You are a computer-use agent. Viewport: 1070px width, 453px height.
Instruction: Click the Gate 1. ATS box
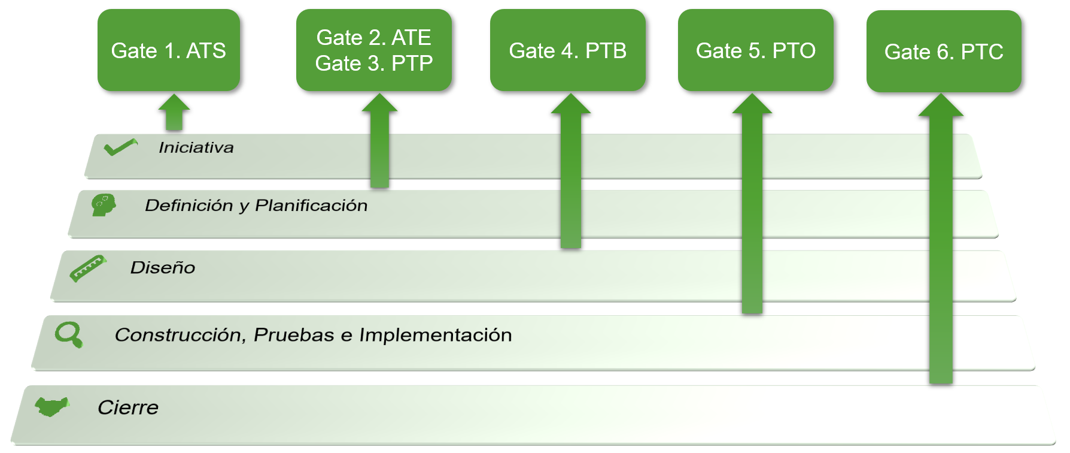[169, 50]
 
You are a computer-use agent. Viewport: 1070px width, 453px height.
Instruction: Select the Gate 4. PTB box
[567, 50]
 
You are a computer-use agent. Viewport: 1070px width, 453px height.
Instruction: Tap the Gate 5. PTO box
[755, 50]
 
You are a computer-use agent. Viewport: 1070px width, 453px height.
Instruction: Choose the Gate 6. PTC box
[944, 52]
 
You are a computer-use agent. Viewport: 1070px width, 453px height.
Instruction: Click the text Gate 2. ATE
[373, 37]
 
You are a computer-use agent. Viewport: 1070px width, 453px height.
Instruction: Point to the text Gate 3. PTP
[373, 63]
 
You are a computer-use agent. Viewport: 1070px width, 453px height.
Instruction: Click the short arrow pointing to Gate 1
[174, 113]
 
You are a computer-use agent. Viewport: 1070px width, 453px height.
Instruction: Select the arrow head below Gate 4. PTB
[571, 104]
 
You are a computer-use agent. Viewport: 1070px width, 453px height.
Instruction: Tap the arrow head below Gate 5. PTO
[752, 104]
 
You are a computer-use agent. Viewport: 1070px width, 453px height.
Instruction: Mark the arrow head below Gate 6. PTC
[941, 105]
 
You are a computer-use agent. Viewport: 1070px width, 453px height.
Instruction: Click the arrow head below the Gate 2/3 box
[379, 103]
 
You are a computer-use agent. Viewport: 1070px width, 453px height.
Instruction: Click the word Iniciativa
[196, 147]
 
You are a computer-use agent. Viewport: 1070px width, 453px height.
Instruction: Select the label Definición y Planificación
[256, 206]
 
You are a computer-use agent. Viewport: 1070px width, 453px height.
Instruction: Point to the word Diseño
[163, 267]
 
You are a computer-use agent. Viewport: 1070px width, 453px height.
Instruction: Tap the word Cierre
[128, 407]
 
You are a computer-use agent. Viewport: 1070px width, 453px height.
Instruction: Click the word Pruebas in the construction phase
[294, 335]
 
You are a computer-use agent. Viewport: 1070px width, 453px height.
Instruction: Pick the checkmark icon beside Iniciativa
[120, 147]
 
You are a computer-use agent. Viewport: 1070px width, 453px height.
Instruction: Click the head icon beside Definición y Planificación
[103, 204]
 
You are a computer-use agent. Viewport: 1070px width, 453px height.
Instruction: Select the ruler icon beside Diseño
[87, 268]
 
